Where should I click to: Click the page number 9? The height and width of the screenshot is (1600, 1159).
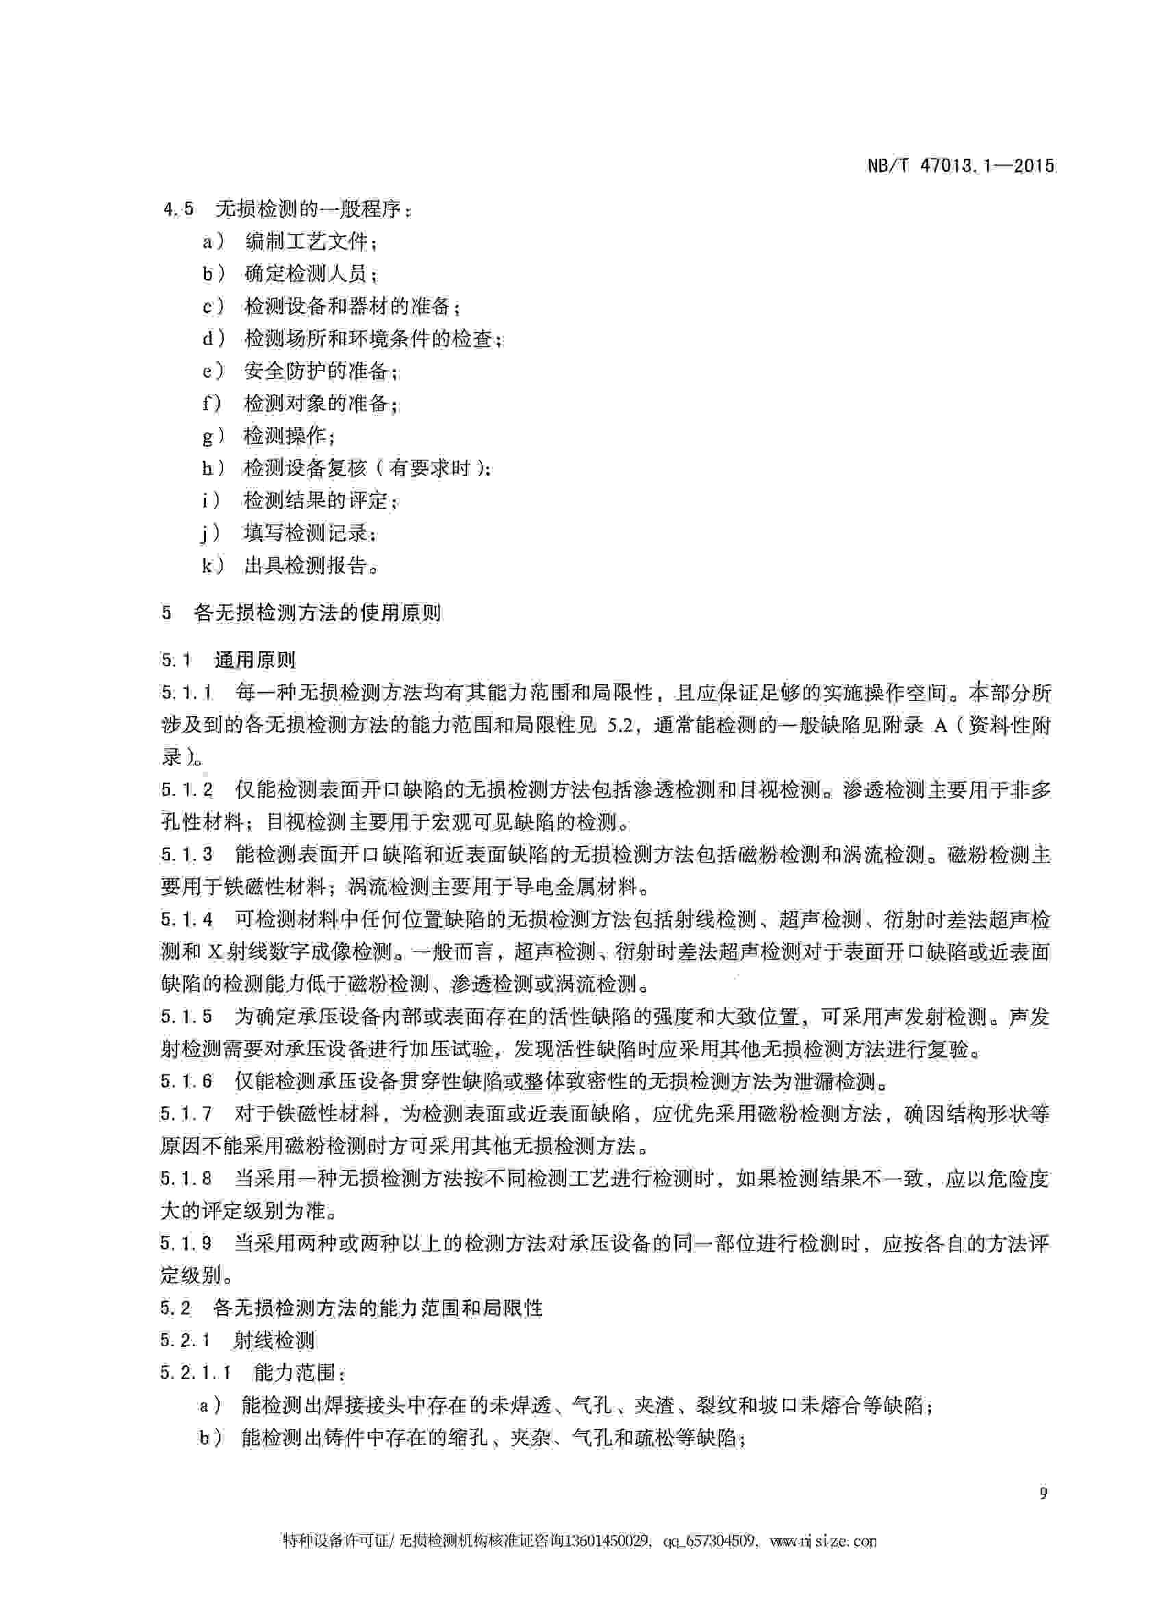point(1043,1493)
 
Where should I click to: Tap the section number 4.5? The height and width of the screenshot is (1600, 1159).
point(178,209)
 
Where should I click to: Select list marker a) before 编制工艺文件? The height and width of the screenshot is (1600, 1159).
point(212,242)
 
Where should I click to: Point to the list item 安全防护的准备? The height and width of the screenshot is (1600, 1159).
point(316,370)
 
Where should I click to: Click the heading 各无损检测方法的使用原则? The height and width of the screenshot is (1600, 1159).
point(317,612)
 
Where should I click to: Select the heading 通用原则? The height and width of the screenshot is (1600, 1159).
point(254,660)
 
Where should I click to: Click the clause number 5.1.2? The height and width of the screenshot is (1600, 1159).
point(186,790)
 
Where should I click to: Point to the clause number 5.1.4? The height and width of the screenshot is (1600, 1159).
point(186,920)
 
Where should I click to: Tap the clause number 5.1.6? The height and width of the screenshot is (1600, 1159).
point(186,1081)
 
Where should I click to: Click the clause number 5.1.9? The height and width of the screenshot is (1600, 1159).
point(186,1242)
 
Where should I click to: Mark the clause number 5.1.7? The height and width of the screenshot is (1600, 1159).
point(186,1114)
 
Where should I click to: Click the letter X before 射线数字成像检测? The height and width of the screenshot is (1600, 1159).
point(214,952)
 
